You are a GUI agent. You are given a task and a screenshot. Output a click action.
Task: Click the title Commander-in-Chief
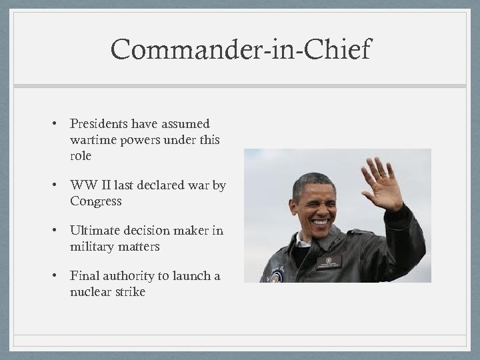[241, 50]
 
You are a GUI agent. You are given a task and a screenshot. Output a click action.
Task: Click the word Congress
[95, 201]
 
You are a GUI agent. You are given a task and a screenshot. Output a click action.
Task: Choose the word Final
[84, 276]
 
